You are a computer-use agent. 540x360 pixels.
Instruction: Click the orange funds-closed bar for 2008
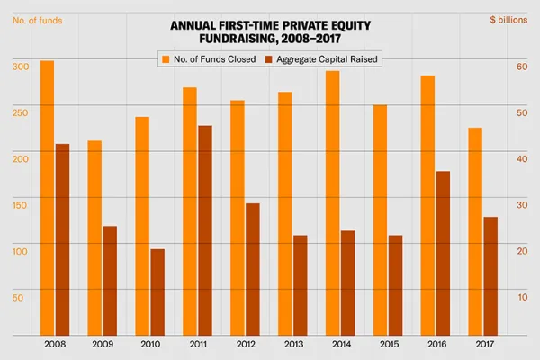[47, 198]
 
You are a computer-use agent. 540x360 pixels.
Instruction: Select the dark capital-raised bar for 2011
[205, 230]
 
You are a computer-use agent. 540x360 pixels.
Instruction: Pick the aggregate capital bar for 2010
[157, 292]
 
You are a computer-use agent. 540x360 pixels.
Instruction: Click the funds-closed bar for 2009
[94, 238]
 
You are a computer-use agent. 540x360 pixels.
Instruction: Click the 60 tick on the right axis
[521, 66]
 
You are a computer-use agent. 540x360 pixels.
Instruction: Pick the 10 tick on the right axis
[521, 296]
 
